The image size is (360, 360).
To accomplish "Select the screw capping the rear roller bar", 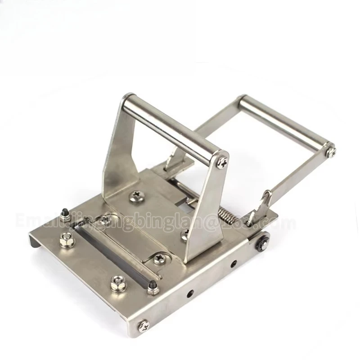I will coord(331,151).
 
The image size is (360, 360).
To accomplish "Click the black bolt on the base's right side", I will coord(261,243).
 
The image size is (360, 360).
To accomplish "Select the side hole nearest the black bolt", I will coord(233,264).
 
